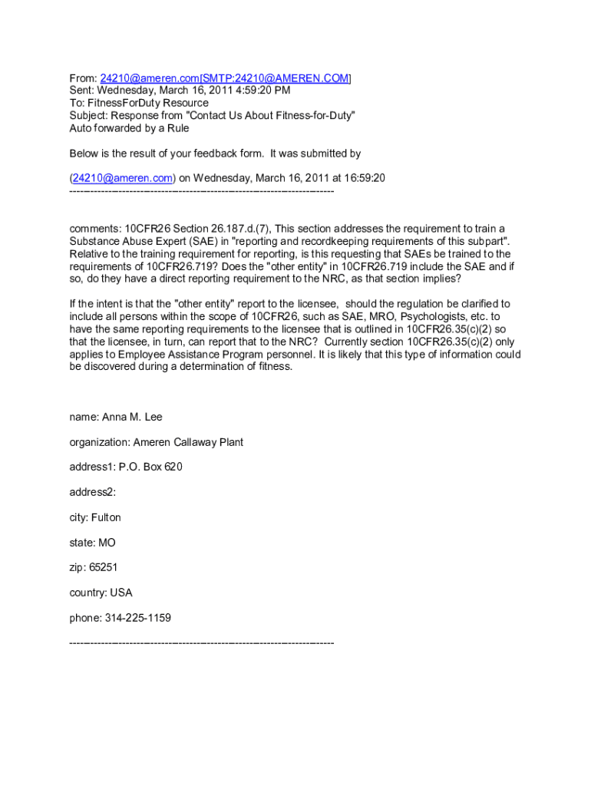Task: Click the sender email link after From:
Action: pyautogui.click(x=149, y=78)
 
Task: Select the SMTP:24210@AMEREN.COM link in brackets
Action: pyautogui.click(x=276, y=78)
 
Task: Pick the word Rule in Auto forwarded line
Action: pyautogui.click(x=177, y=128)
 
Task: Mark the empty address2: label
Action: pyautogui.click(x=92, y=492)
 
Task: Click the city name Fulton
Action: pyautogui.click(x=106, y=517)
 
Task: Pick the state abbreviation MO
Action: pyautogui.click(x=107, y=543)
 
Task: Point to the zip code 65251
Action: pyautogui.click(x=104, y=568)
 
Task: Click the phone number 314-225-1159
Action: pyautogui.click(x=138, y=618)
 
